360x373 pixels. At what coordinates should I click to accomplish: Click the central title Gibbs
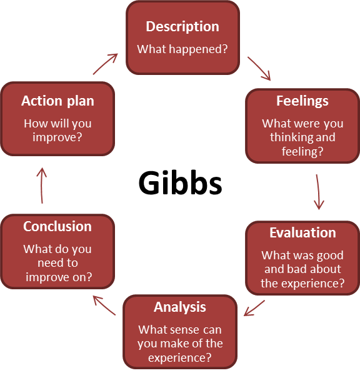[180, 183]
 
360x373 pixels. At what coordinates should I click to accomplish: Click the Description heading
[182, 26]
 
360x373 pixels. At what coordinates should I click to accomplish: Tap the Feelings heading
[302, 101]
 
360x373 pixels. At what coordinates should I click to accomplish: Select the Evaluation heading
[302, 232]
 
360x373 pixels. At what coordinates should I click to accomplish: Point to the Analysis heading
[180, 307]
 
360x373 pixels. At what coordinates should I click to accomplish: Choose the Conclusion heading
[57, 226]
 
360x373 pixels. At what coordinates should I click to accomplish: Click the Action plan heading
[57, 101]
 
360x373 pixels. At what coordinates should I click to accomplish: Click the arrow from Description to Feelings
[259, 69]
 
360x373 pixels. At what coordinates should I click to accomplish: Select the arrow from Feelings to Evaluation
[318, 192]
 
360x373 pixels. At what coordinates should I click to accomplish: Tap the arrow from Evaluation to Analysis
[254, 308]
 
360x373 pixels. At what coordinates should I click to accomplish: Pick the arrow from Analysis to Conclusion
[104, 306]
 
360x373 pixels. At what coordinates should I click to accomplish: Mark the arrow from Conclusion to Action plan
[42, 186]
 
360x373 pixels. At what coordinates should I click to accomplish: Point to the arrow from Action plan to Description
[106, 64]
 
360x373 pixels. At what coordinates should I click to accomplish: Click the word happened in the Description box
[199, 49]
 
